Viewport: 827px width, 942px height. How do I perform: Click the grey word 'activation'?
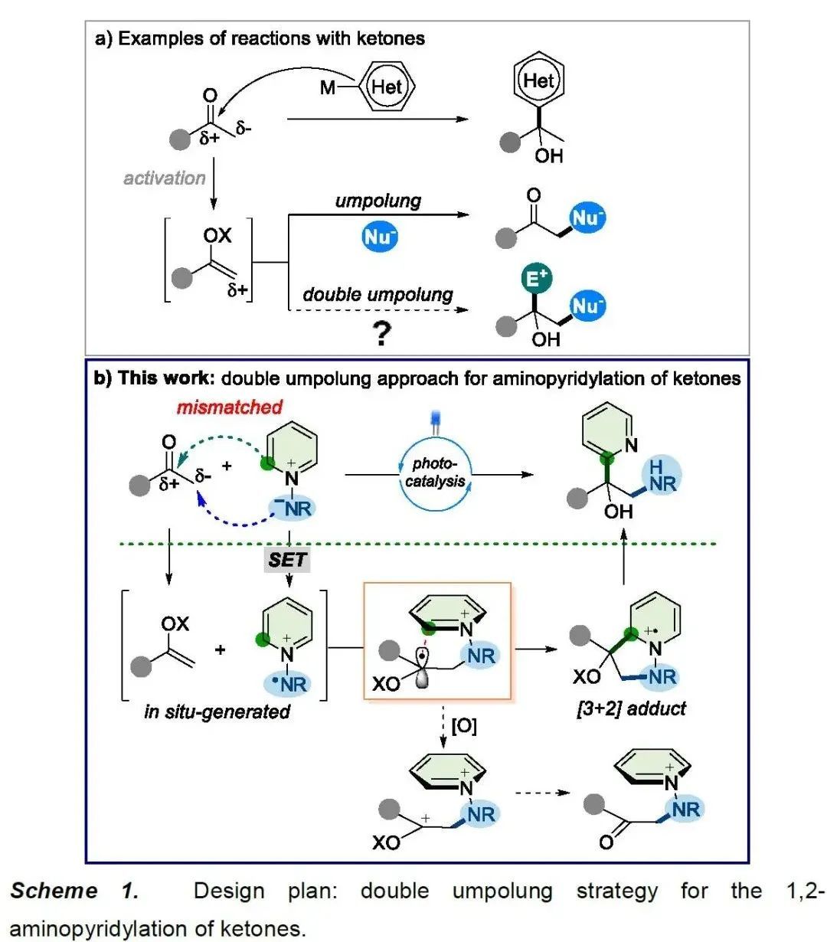coord(165,178)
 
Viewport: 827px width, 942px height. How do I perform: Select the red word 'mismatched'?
coord(230,407)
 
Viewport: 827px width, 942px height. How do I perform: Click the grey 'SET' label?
coord(288,560)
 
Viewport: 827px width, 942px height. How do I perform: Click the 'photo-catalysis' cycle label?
coord(435,473)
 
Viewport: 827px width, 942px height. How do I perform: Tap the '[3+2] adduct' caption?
coord(631,708)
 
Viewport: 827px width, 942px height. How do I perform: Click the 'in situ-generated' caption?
coord(217,711)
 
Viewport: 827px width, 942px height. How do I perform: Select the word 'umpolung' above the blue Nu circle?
coord(378,201)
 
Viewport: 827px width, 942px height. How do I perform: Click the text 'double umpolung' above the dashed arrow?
coord(378,295)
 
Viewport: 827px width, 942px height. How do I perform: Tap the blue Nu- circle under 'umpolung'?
coord(380,237)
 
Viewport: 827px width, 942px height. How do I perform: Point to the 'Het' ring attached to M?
coord(386,87)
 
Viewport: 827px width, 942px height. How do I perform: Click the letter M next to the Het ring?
coord(328,87)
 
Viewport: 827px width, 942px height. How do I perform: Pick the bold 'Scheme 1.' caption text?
coord(74,891)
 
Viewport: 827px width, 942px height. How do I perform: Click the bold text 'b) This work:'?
coord(153,378)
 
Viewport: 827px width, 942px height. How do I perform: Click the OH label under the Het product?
coord(548,156)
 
